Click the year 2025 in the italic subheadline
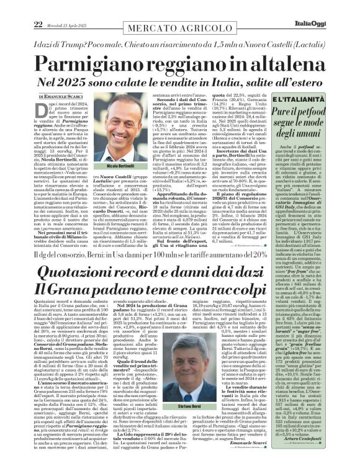click(x=83, y=79)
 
